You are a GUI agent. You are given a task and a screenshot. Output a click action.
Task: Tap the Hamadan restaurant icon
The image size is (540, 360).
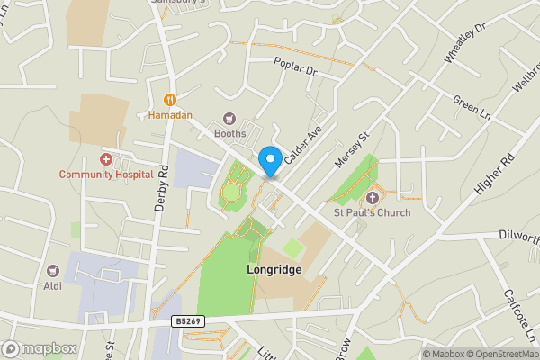click(169, 100)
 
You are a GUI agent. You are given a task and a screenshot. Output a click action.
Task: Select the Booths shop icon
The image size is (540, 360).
click(229, 118)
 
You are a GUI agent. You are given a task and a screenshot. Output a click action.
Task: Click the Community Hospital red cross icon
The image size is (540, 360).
click(106, 158)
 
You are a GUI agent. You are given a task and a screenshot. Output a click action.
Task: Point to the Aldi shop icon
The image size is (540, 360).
click(53, 270)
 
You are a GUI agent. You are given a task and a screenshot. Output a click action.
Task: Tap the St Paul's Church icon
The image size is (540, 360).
click(373, 197)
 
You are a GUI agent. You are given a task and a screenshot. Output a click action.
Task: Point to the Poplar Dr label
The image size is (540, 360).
click(297, 66)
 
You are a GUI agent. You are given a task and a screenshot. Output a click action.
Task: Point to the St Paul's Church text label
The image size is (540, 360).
click(372, 213)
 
